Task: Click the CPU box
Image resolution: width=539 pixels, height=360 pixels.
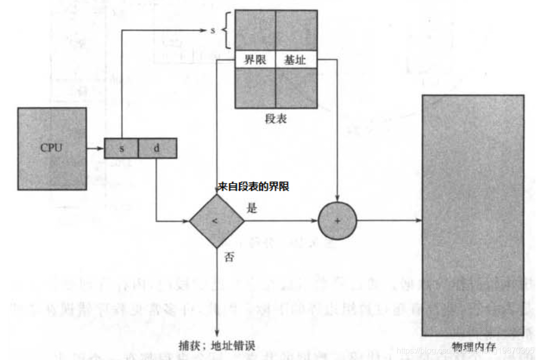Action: pos(52,149)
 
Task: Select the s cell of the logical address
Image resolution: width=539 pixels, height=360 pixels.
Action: pos(121,148)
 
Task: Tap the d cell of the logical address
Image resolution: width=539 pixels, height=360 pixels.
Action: pos(157,148)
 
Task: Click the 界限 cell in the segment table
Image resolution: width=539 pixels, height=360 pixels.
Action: pos(255,60)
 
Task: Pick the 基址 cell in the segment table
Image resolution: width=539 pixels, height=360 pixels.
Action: pos(296,60)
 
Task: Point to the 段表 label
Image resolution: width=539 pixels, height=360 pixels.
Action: pos(275,119)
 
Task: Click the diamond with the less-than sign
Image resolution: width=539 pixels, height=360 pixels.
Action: pos(217,221)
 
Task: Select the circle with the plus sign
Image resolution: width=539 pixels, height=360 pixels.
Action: pos(337,221)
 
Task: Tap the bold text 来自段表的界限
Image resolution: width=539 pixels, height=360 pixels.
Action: pos(253,187)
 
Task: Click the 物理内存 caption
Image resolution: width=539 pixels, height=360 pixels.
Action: pos(473,346)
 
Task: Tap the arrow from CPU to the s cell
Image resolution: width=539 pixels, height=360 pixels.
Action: pos(95,149)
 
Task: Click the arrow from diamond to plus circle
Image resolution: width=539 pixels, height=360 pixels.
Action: pos(281,221)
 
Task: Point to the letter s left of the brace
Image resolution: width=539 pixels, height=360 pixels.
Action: pos(213,31)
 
